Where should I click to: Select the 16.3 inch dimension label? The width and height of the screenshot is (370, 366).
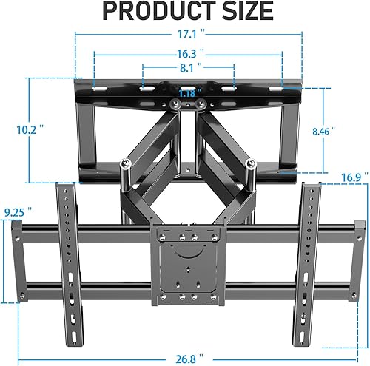pos(188,55)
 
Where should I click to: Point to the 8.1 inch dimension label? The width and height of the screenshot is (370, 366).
pos(188,70)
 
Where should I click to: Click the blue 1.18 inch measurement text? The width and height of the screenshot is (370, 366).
pos(188,93)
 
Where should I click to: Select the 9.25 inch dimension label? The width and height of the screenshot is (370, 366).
pos(15,212)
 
